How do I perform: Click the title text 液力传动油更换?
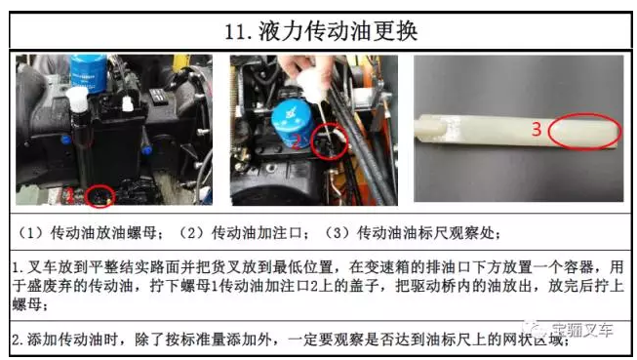click(338, 31)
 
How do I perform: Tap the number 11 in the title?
click(234, 31)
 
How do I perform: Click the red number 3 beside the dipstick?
click(537, 129)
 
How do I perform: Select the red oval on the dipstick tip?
click(548, 132)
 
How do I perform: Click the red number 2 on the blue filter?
click(297, 141)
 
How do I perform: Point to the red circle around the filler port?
click(312, 142)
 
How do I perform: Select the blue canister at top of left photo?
click(89, 73)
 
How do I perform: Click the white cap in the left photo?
click(76, 99)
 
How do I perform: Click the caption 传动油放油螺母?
click(103, 233)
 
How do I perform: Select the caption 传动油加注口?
click(257, 233)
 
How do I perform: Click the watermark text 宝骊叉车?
click(581, 330)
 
